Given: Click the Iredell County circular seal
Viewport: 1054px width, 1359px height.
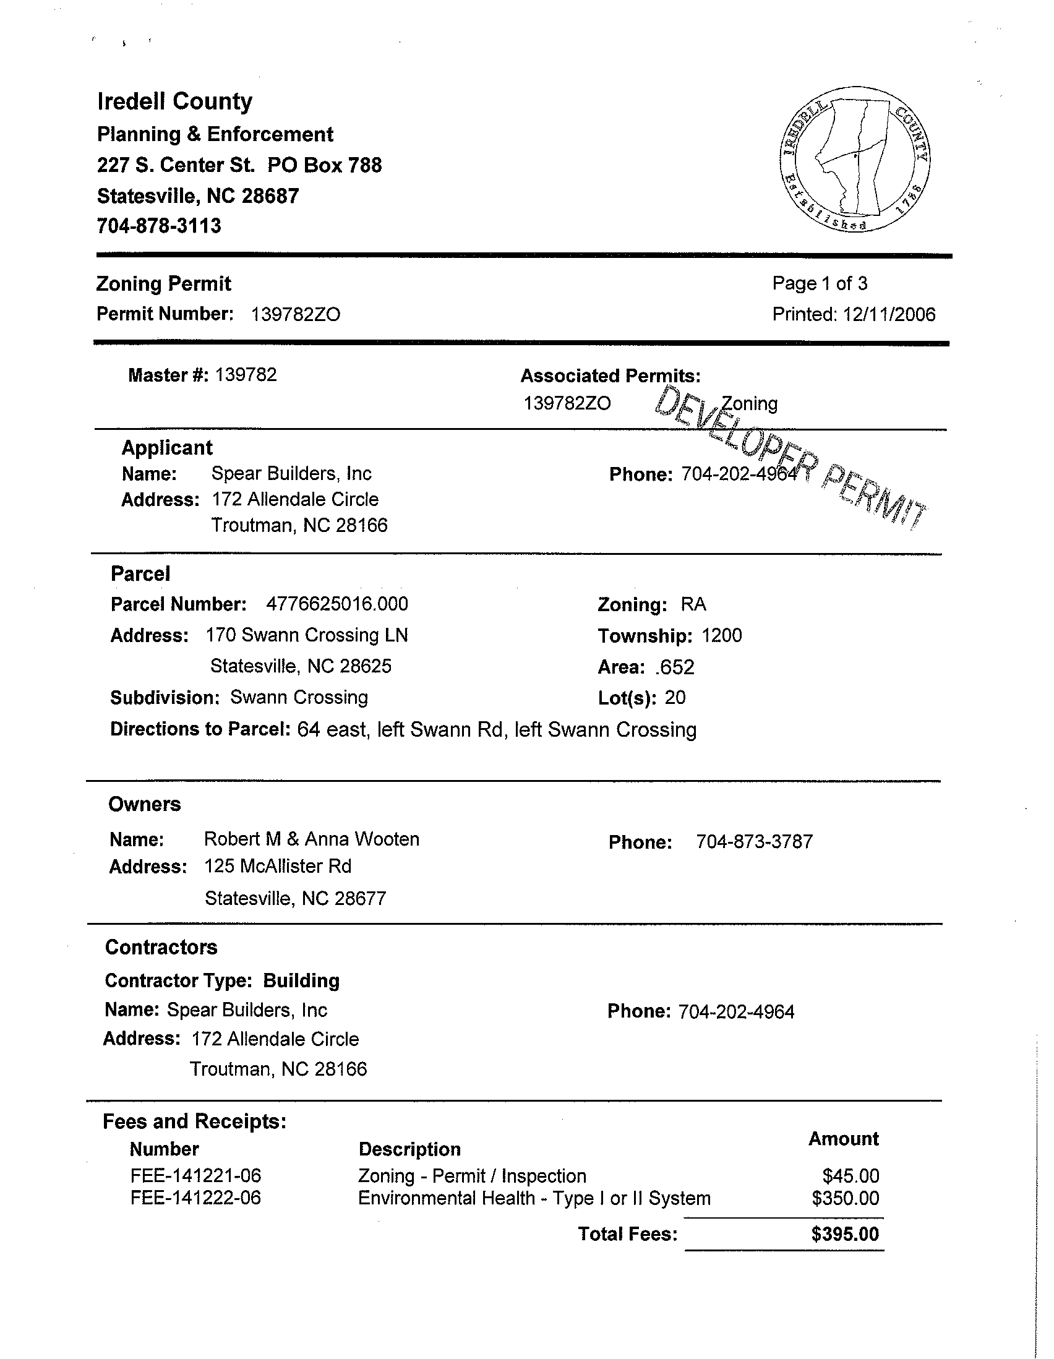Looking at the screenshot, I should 854,160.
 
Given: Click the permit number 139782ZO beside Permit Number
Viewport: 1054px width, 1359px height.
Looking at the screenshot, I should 296,314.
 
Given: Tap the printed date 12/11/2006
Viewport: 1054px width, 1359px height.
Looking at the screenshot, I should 888,314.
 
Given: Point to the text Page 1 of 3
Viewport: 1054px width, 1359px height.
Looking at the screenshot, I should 820,284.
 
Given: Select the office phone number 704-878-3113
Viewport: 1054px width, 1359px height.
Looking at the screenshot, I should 159,226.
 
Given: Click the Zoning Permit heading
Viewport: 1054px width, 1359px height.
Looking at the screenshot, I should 164,284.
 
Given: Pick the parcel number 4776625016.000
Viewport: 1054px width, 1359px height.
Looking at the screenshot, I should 336,604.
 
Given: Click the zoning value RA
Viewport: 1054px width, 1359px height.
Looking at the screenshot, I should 693,604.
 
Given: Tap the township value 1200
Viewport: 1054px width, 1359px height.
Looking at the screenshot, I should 721,635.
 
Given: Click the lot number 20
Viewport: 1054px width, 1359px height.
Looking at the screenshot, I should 674,698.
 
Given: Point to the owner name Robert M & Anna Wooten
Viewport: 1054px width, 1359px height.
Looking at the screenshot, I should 311,839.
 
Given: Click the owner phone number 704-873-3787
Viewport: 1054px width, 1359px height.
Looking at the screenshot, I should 754,842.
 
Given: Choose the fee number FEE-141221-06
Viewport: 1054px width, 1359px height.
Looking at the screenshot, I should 195,1175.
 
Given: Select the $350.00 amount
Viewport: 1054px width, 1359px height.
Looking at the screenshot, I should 845,1198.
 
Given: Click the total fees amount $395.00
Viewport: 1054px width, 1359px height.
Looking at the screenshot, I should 844,1234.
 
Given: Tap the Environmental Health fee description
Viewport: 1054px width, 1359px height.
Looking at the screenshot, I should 534,1198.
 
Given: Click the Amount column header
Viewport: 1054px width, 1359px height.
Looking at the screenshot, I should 843,1139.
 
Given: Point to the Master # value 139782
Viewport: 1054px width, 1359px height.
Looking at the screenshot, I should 246,375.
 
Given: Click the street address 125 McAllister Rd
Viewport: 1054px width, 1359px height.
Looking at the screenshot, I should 278,866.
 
